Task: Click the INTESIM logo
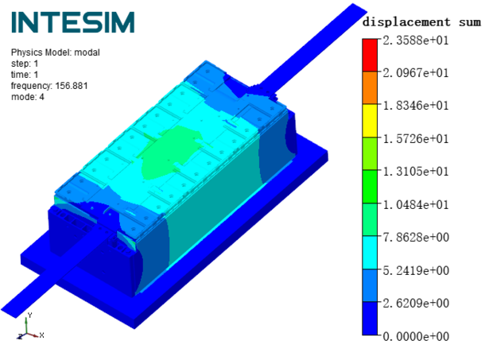pyautogui.click(x=73, y=22)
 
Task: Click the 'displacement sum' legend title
pyautogui.click(x=421, y=22)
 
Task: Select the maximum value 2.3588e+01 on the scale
pyautogui.click(x=416, y=41)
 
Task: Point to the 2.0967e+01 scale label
pyautogui.click(x=416, y=73)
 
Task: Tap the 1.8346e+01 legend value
pyautogui.click(x=416, y=106)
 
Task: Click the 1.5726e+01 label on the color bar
pyautogui.click(x=416, y=138)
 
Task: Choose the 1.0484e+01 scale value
pyautogui.click(x=416, y=204)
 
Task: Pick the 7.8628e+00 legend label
pyautogui.click(x=416, y=237)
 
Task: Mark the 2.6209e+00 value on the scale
pyautogui.click(x=416, y=303)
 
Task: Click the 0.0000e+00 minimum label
pyautogui.click(x=416, y=336)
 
